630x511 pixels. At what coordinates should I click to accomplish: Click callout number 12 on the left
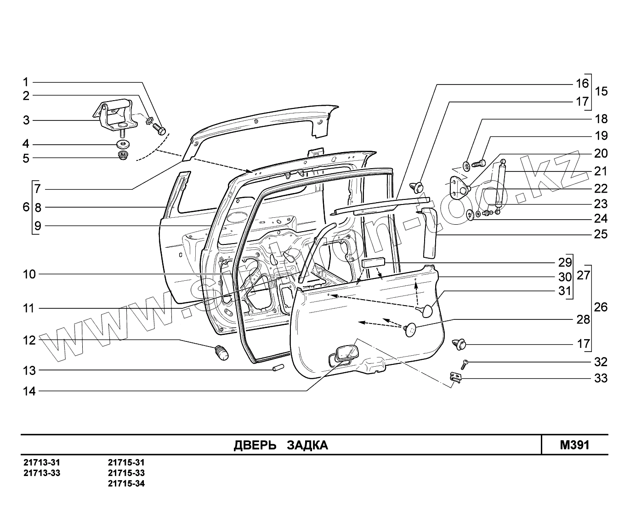click(x=29, y=341)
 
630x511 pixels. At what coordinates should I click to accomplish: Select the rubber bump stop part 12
click(x=221, y=352)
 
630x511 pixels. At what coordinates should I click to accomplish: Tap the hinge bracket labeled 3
click(x=115, y=115)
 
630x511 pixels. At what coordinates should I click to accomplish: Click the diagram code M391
click(x=574, y=445)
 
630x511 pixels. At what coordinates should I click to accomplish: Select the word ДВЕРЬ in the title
click(x=255, y=445)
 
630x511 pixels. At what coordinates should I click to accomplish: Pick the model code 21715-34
click(x=126, y=483)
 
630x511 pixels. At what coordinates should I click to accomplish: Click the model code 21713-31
click(x=42, y=463)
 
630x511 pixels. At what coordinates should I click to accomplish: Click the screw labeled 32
click(x=465, y=363)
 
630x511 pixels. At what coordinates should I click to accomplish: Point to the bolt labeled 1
click(x=160, y=129)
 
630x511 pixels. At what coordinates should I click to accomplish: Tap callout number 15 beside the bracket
click(x=601, y=91)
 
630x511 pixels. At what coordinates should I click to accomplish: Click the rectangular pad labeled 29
click(x=374, y=262)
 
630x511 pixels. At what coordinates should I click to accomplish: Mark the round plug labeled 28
click(x=409, y=329)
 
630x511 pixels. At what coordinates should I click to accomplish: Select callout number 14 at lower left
click(x=29, y=392)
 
